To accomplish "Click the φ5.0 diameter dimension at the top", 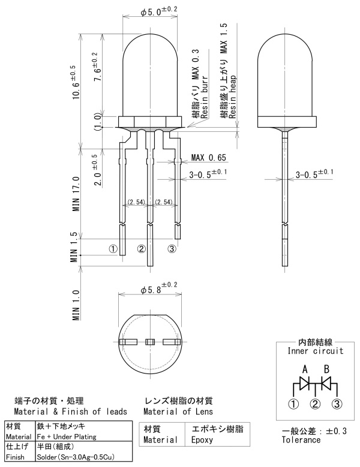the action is (x=159, y=11).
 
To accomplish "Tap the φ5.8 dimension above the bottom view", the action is (x=159, y=288).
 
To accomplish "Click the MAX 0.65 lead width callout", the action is (x=209, y=157).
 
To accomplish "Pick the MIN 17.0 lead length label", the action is (x=76, y=194).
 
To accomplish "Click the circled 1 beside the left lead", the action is (x=113, y=249).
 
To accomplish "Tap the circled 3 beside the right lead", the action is (x=172, y=249).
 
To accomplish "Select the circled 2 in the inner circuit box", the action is (x=315, y=404).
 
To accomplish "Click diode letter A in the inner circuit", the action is (x=305, y=370).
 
